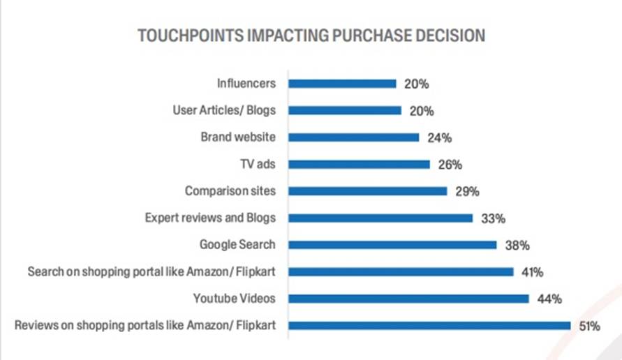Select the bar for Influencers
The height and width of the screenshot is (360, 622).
(342, 84)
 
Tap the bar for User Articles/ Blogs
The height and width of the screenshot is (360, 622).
(345, 110)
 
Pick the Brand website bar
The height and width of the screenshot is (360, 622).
(353, 137)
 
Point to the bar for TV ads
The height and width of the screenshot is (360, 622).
(359, 165)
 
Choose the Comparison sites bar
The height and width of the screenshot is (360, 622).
(367, 191)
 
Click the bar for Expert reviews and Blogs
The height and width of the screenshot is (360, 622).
(380, 218)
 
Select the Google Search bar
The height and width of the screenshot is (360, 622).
(392, 245)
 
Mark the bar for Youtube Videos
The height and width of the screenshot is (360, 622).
(408, 299)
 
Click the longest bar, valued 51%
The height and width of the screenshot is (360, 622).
(430, 325)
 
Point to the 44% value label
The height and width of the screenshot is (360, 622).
(549, 299)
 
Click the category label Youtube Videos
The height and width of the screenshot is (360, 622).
(234, 299)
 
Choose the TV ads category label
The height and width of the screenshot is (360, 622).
(258, 165)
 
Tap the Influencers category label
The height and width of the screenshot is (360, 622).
(246, 84)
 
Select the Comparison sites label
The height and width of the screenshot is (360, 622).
(230, 191)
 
